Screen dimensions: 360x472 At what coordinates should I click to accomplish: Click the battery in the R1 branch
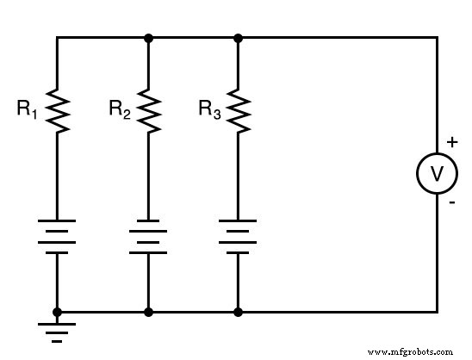pos(57,237)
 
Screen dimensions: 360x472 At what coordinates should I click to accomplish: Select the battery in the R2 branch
pos(149,237)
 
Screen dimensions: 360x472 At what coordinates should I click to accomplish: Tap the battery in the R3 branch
pos(239,237)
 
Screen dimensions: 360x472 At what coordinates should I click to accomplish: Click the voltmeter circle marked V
pos(437,174)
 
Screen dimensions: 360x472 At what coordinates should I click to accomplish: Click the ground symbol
pos(57,332)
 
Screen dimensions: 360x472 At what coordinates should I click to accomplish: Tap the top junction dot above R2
pos(149,38)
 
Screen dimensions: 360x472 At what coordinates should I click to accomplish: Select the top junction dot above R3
pos(239,38)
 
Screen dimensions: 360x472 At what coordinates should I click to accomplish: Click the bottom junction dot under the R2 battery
pos(149,311)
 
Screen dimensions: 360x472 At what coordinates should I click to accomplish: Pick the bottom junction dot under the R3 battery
pos(239,311)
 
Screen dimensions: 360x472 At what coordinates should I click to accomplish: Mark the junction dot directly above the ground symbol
pos(57,311)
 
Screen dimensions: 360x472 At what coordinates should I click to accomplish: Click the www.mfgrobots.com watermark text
pos(409,351)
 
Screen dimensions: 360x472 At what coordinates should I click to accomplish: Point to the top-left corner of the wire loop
pos(57,38)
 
